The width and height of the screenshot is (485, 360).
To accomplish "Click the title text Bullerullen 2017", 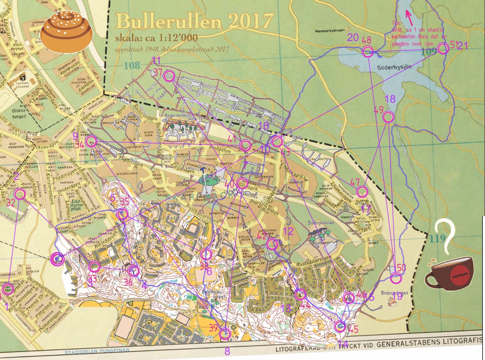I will pyautogui.click(x=194, y=22).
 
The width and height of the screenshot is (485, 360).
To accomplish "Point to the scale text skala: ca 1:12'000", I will pyautogui.click(x=156, y=38).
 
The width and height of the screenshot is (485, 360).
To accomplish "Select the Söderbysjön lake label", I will pyautogui.click(x=394, y=67).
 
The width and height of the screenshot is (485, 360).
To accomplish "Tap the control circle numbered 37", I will pyautogui.click(x=169, y=76).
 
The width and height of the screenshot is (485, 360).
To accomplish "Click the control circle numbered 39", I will pyautogui.click(x=225, y=334).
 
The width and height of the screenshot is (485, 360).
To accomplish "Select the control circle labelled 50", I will pyautogui.click(x=396, y=278).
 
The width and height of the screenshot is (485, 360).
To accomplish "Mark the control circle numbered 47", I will pyautogui.click(x=362, y=191).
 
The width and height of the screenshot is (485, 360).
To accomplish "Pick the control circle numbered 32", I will pyautogui.click(x=20, y=194).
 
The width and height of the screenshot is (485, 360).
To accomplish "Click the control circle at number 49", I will pyautogui.click(x=388, y=117).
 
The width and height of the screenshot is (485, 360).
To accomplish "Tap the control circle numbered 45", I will pyautogui.click(x=340, y=326).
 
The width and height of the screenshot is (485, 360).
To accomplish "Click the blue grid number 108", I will pyautogui.click(x=132, y=65).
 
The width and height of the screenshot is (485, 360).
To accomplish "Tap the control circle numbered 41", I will pyautogui.click(x=245, y=145).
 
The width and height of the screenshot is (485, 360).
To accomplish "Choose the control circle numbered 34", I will pyautogui.click(x=91, y=141).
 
